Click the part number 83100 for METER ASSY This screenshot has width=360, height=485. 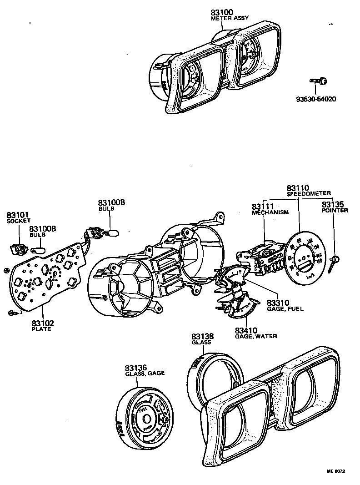(222, 13)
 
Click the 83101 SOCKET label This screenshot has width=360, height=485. (17, 217)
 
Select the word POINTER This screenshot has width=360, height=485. (335, 211)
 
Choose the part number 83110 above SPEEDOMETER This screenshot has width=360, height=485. (298, 187)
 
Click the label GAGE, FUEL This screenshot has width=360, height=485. (285, 308)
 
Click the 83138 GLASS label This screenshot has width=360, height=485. (202, 339)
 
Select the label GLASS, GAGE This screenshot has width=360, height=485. (145, 373)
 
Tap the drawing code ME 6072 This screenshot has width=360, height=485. (335, 471)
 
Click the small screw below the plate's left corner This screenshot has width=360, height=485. (11, 313)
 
